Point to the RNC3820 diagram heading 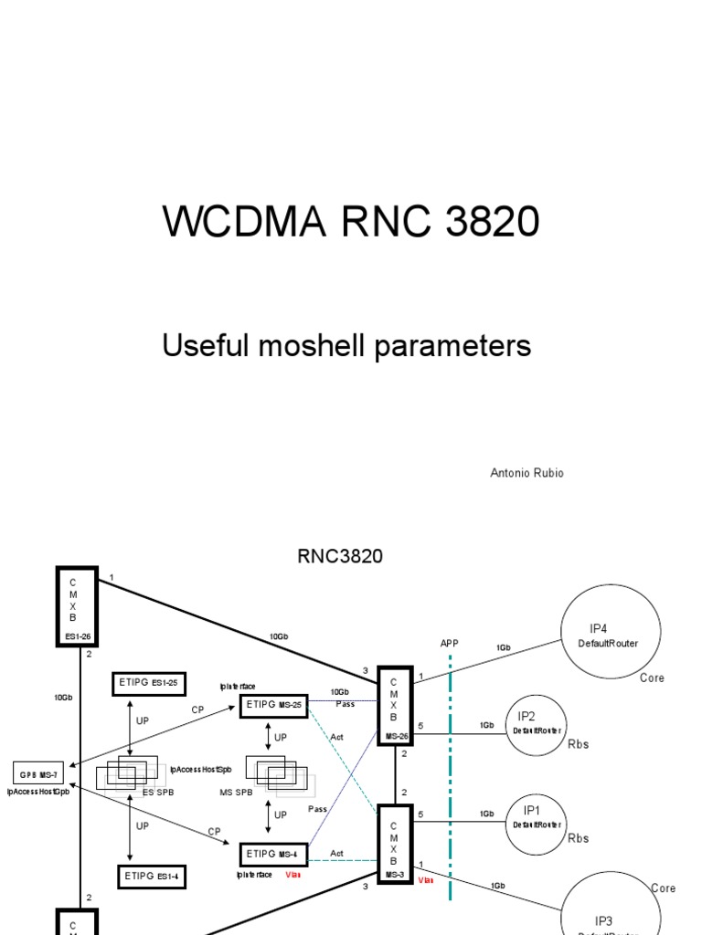pyautogui.click(x=340, y=556)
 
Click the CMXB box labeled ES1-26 pyautogui.click(x=77, y=605)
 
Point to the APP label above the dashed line pyautogui.click(x=449, y=644)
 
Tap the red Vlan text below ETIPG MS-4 pyautogui.click(x=292, y=875)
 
